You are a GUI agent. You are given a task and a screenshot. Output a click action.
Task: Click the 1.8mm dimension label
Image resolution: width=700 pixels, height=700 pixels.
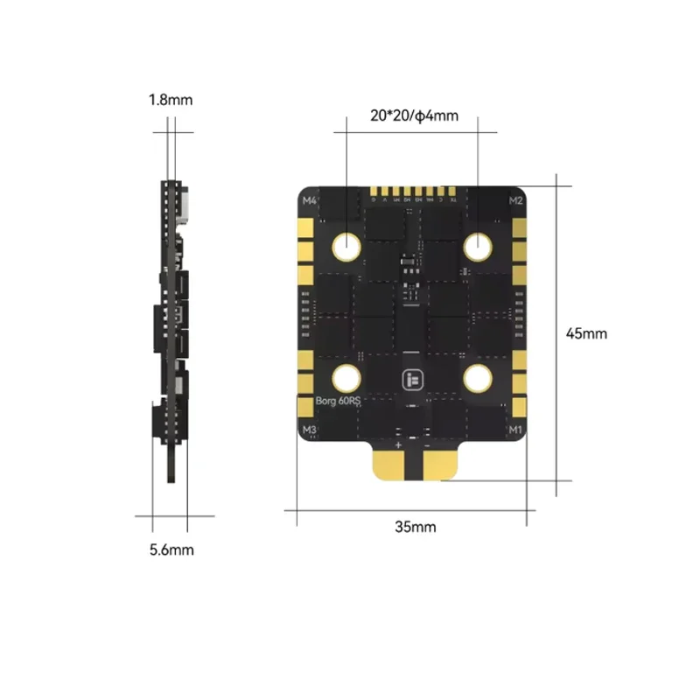pyautogui.click(x=170, y=100)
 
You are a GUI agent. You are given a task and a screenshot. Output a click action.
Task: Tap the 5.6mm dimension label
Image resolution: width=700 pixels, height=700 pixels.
pyautogui.click(x=171, y=549)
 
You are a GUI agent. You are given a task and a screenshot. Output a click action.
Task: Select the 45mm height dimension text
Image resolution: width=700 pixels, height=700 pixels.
pyautogui.click(x=586, y=333)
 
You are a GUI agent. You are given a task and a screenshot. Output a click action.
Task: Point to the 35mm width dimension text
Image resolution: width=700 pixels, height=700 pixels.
pyautogui.click(x=415, y=527)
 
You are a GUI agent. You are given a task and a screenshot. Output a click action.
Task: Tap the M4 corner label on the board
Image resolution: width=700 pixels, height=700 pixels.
pyautogui.click(x=309, y=200)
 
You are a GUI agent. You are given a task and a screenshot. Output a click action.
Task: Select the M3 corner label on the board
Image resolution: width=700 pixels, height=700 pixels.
pyautogui.click(x=308, y=430)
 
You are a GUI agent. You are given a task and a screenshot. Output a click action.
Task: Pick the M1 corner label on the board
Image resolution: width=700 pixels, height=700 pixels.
pyautogui.click(x=515, y=430)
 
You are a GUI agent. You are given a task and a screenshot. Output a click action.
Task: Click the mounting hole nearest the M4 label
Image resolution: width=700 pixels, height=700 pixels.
pyautogui.click(x=347, y=248)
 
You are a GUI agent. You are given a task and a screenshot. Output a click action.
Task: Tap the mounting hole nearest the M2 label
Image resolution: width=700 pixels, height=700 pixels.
pyautogui.click(x=478, y=248)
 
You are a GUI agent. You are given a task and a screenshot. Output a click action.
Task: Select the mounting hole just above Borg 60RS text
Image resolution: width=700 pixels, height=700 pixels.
pyautogui.click(x=347, y=379)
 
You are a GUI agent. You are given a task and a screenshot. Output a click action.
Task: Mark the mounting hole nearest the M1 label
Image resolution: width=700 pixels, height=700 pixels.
pyautogui.click(x=478, y=379)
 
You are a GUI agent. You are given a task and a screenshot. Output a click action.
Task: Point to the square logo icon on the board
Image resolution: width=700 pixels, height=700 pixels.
pyautogui.click(x=412, y=380)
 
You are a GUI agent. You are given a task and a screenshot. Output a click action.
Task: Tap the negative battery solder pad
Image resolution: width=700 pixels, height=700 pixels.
pyautogui.click(x=435, y=465)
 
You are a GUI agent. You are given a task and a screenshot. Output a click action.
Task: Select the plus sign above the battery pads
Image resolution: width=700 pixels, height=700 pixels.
pyautogui.click(x=398, y=444)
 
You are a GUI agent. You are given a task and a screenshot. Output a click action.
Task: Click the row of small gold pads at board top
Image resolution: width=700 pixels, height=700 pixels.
pyautogui.click(x=412, y=191)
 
